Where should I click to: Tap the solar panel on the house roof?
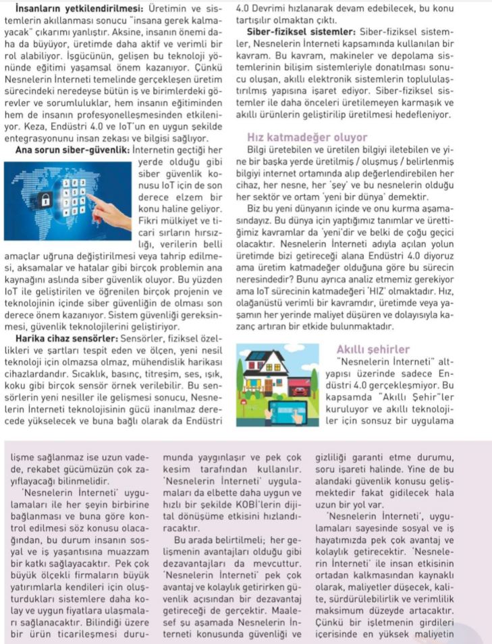[256, 356]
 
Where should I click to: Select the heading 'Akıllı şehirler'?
[373, 349]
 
